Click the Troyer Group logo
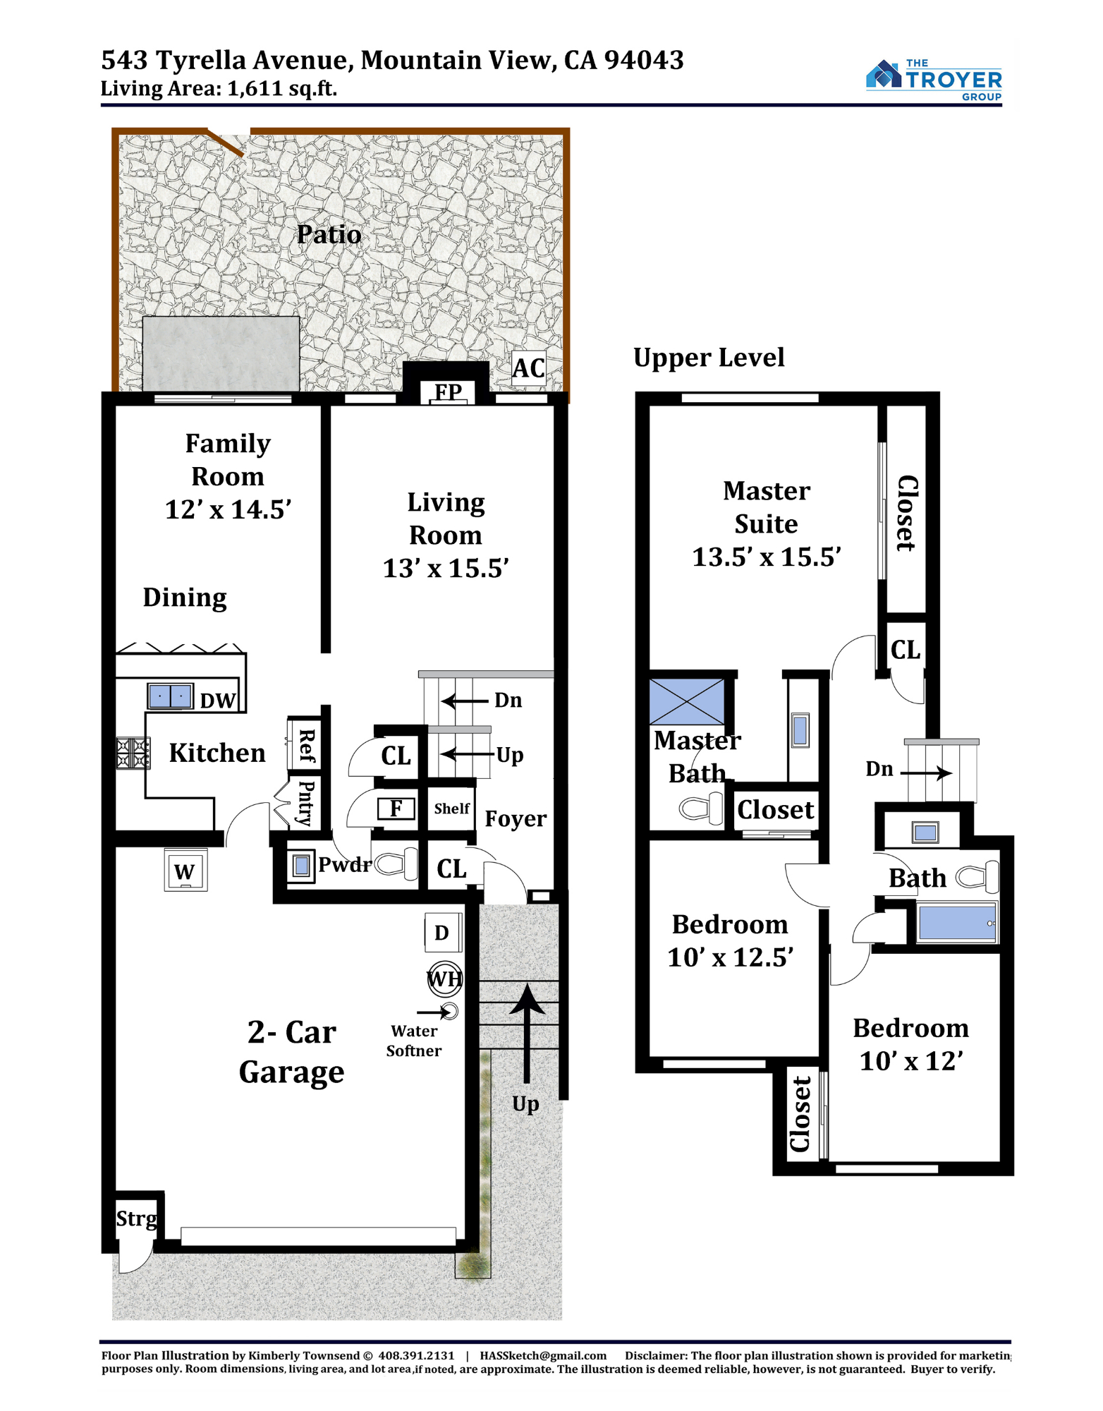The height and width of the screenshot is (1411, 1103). [x=934, y=80]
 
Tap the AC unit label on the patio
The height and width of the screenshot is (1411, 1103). [x=528, y=368]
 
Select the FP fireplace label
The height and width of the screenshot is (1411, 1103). [x=448, y=391]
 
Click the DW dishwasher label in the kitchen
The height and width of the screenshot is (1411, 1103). [x=217, y=701]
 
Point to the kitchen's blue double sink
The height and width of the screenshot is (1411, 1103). [x=170, y=696]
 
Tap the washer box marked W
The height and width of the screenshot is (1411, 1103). [x=185, y=871]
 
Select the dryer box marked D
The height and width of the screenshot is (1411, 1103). [x=443, y=932]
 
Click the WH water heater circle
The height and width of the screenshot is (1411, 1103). [x=445, y=979]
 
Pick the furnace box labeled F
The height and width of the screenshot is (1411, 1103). [x=396, y=808]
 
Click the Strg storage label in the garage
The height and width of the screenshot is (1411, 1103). [x=137, y=1219]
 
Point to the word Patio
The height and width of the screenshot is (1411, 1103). [x=329, y=234]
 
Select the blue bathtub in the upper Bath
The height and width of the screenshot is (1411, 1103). [x=957, y=921]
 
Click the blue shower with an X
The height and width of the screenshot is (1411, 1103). [x=686, y=702]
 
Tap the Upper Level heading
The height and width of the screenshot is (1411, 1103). [x=709, y=358]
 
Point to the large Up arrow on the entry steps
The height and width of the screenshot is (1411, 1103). [x=526, y=1034]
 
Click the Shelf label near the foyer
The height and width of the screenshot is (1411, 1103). [x=451, y=809]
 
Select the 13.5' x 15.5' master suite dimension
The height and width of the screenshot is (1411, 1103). [x=767, y=557]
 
